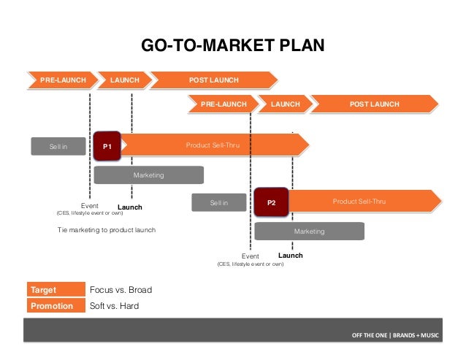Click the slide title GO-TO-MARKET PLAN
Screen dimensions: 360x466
(x=232, y=48)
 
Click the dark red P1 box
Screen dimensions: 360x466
(x=107, y=146)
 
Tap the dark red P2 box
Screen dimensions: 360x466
(x=271, y=202)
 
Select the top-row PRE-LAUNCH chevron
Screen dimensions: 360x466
(x=62, y=80)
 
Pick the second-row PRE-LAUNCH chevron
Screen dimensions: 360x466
(x=224, y=104)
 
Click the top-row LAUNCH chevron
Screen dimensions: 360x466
(x=124, y=80)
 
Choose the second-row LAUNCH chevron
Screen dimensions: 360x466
(x=285, y=104)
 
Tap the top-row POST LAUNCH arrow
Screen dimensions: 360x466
(x=215, y=80)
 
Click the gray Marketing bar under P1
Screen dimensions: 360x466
(x=148, y=175)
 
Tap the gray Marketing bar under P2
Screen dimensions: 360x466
(x=309, y=231)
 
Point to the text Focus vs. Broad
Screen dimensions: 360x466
(x=120, y=290)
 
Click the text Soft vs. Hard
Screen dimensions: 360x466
(x=114, y=306)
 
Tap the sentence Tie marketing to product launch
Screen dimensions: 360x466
(x=107, y=230)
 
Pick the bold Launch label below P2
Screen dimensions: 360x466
(x=291, y=256)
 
